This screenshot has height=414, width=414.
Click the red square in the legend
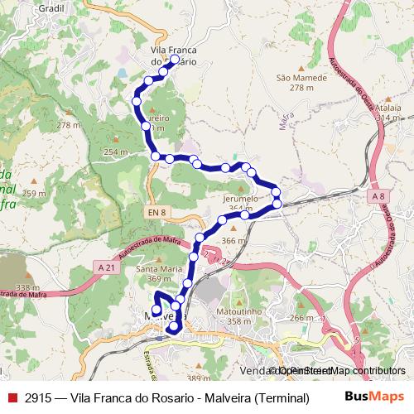point(12,397)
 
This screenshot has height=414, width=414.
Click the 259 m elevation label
point(34,193)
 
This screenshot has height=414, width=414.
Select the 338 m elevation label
point(27,287)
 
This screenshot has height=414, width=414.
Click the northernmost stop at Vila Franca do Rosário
point(175,60)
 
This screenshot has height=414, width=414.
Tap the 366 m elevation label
point(234,240)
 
